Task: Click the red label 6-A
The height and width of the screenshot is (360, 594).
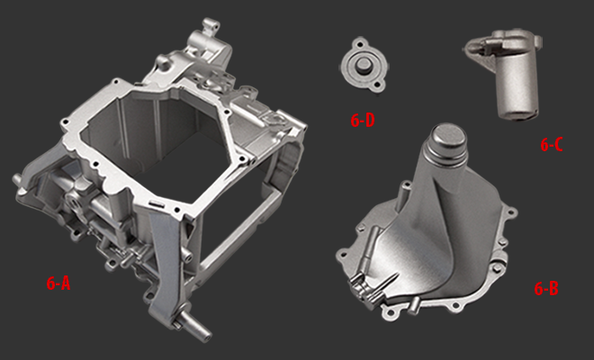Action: click(x=58, y=283)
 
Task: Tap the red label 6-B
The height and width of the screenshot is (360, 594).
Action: click(x=546, y=289)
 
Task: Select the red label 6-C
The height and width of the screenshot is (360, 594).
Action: click(x=552, y=145)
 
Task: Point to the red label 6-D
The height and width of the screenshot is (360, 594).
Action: click(x=363, y=121)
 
